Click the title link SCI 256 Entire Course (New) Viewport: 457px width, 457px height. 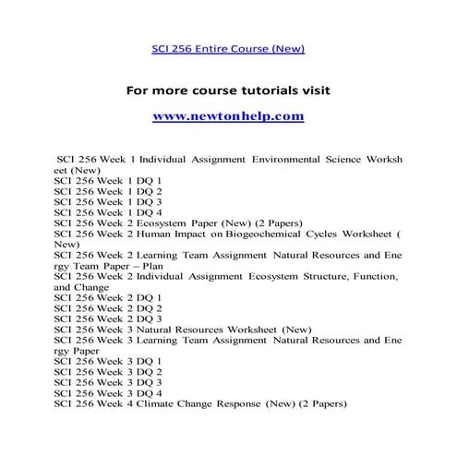coord(227,49)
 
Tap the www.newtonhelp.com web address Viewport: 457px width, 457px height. coord(227,117)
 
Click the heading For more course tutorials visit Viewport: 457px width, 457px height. coord(227,90)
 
